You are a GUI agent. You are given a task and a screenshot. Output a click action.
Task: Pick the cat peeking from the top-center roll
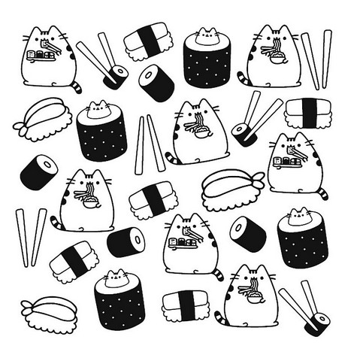(x=206, y=35)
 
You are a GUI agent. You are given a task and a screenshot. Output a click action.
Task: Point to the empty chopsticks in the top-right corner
(x=316, y=59)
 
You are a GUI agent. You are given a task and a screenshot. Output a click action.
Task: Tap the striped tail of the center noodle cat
(x=172, y=157)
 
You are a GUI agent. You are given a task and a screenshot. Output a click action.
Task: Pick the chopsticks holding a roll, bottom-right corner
(x=306, y=308)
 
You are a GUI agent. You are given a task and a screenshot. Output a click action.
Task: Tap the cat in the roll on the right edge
(x=301, y=218)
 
